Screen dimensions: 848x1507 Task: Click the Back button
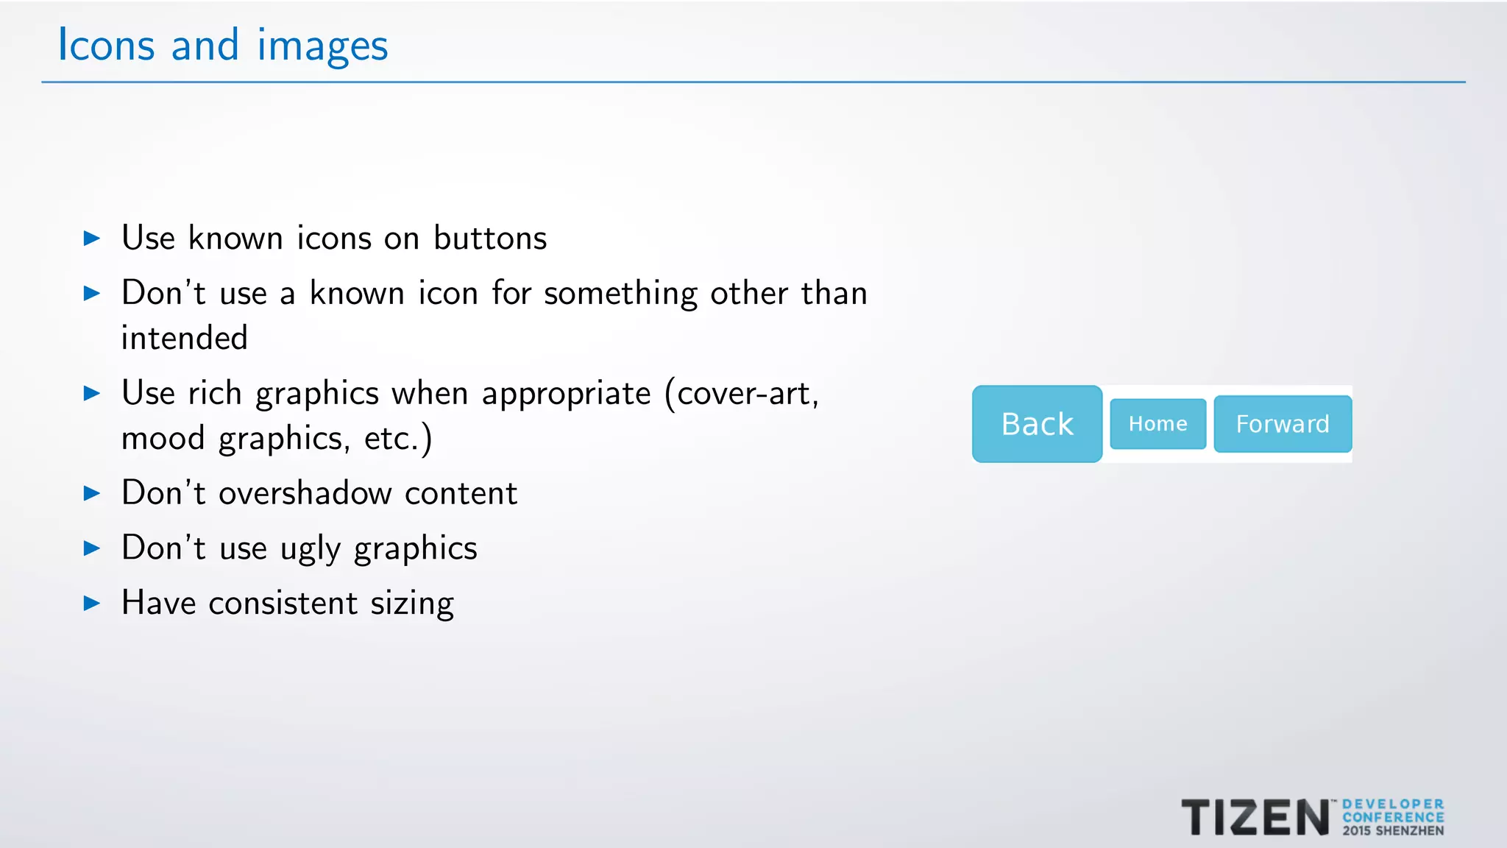tap(1037, 424)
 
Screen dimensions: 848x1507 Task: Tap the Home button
tap(1157, 424)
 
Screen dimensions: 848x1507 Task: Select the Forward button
tap(1283, 424)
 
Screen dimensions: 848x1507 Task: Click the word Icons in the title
tap(106, 45)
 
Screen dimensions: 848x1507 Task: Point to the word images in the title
tap(322, 46)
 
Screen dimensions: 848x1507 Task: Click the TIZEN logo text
tap(1255, 818)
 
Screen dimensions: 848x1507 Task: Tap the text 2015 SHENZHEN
tap(1393, 831)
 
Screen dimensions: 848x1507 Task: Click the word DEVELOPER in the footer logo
tap(1393, 805)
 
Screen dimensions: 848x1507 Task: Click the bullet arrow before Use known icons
tap(92, 239)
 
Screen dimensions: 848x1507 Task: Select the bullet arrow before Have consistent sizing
tap(92, 604)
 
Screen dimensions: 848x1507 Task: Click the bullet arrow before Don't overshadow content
tap(92, 493)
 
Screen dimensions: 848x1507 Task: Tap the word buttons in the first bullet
tap(490, 239)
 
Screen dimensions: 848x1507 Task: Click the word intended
tap(184, 338)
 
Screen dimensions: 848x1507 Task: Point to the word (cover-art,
tap(741, 394)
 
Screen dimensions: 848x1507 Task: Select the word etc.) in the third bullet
tap(398, 439)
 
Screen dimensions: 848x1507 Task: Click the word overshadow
tap(305, 493)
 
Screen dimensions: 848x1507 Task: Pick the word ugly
tap(311, 549)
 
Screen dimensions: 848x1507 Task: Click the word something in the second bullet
tap(620, 294)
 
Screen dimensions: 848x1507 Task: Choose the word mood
tap(163, 439)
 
